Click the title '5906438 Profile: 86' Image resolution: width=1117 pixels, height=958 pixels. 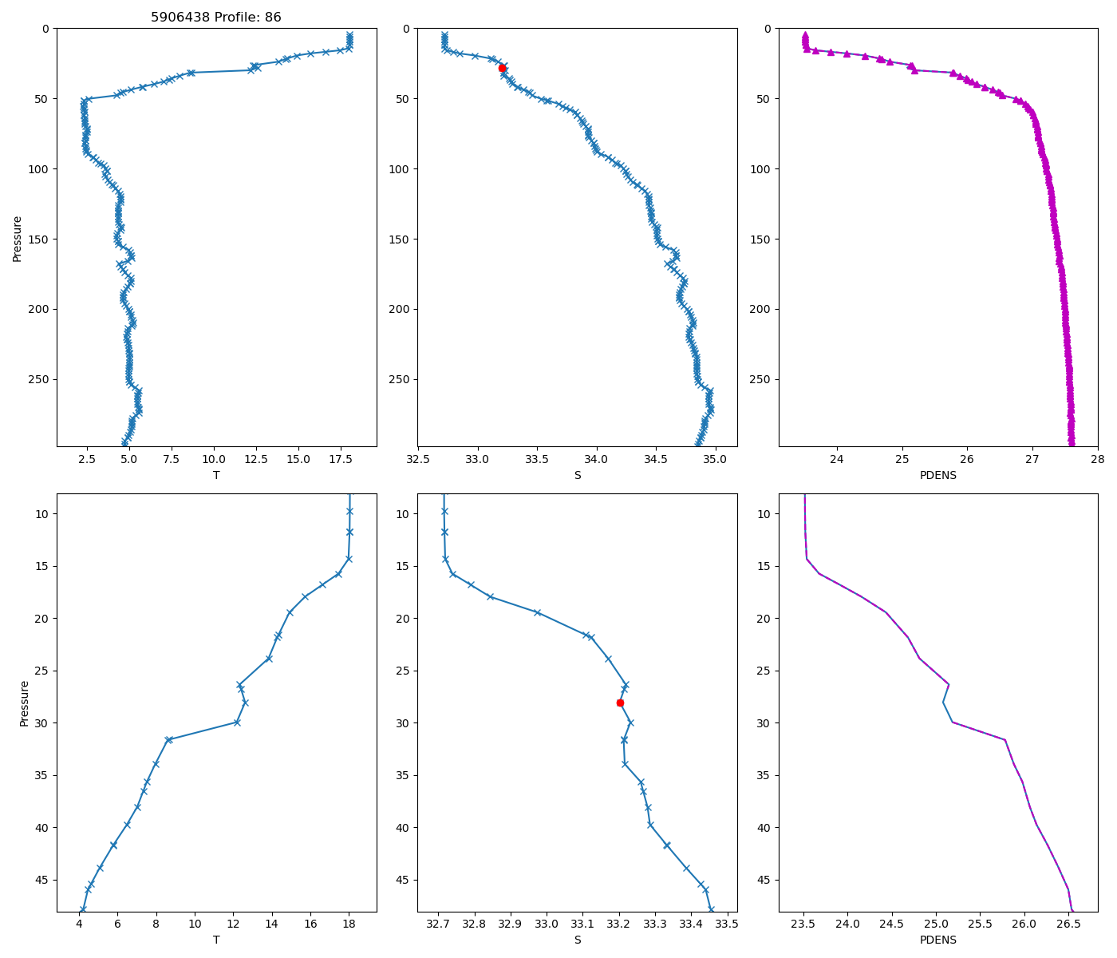pos(216,18)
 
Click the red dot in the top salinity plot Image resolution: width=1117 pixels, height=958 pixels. pos(502,68)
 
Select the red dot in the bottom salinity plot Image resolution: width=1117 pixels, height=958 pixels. pos(620,703)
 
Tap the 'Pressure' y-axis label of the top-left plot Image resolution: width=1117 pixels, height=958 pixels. pos(18,238)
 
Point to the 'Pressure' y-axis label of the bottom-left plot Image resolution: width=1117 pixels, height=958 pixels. pos(24,703)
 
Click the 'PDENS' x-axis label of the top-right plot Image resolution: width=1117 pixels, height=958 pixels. pos(937,475)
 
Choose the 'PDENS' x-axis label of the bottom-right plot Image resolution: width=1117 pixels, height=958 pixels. pos(937,940)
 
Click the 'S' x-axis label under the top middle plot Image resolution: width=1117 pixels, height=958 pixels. pos(578,475)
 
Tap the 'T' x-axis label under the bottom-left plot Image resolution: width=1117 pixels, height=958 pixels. pos(216,940)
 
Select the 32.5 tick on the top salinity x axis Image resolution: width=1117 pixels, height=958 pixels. pos(418,459)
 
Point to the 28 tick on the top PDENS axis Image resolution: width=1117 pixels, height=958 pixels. pos(1098,459)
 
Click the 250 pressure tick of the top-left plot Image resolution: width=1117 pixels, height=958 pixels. pos(40,379)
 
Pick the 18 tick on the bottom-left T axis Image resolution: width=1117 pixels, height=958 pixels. pos(349,924)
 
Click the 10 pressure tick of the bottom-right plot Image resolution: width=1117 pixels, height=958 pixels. pos(764,513)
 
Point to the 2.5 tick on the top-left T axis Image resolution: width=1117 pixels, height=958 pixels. pos(87,459)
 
